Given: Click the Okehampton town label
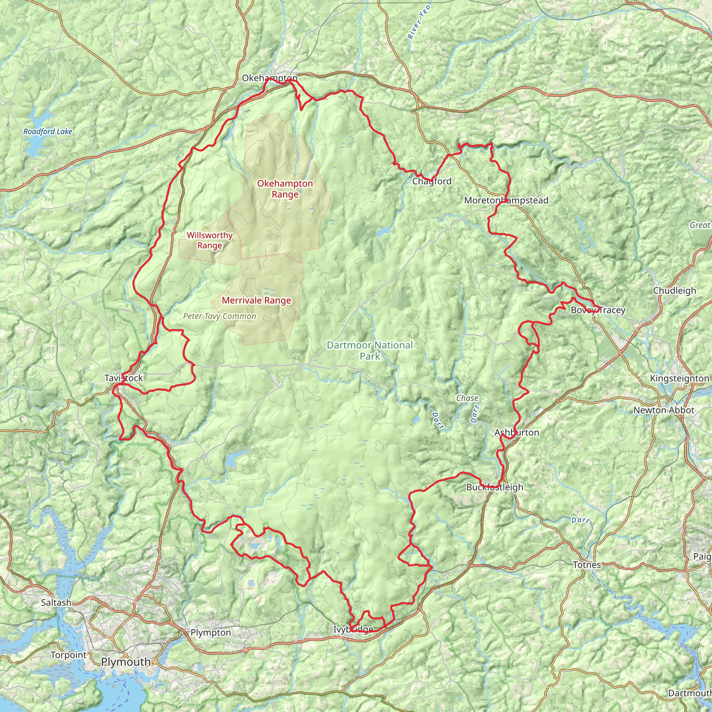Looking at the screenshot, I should (x=269, y=78).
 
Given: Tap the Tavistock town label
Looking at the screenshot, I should (x=123, y=378).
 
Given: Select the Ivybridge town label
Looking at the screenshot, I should (x=353, y=630).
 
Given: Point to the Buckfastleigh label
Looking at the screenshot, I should (x=495, y=487).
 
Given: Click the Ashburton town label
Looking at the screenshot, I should (x=517, y=432).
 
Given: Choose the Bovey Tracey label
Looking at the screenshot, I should (x=598, y=310).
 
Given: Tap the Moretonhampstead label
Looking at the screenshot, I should (x=506, y=201).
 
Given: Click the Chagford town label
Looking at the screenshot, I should (x=431, y=181).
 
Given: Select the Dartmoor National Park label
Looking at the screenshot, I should (x=370, y=350).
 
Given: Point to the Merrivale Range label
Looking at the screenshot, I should (x=257, y=301).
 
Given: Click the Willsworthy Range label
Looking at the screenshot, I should (x=210, y=240).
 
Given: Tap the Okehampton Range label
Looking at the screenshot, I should (x=285, y=189).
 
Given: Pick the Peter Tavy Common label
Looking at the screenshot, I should (x=220, y=316).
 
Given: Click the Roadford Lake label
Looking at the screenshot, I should (x=48, y=131).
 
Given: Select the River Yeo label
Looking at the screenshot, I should (x=419, y=22).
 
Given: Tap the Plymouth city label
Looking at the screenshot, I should (x=126, y=662).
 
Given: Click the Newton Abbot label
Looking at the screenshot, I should (x=664, y=411).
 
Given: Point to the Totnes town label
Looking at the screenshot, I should (x=587, y=565).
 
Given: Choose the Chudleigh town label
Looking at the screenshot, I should (x=674, y=291).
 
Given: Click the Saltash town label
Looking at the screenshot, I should (x=56, y=602).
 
